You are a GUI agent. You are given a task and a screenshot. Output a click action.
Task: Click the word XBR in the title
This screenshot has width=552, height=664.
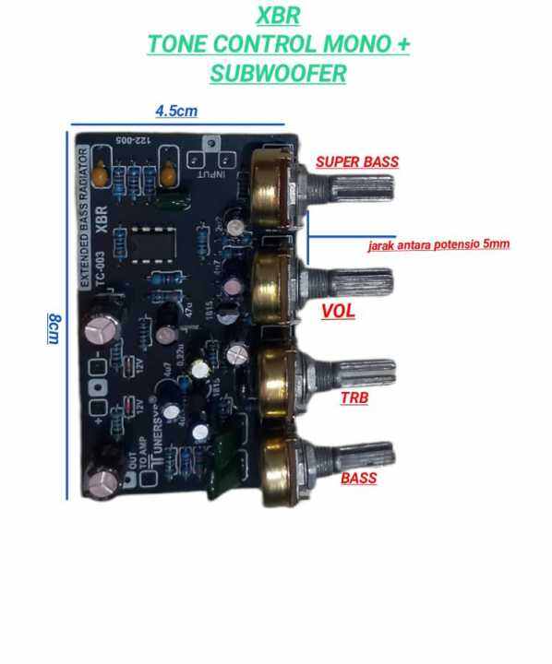(277, 17)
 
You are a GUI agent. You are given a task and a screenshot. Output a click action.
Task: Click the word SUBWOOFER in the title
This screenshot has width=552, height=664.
(277, 74)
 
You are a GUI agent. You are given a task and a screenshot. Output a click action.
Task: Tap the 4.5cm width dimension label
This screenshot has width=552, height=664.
(176, 111)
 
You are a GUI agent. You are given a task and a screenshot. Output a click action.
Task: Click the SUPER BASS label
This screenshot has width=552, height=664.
(357, 161)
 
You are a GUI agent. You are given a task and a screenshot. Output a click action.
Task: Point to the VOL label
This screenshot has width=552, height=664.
(338, 312)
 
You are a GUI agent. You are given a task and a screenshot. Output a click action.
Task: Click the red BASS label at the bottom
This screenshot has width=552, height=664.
(358, 479)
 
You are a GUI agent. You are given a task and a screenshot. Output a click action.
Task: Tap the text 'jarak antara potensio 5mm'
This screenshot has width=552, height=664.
(438, 245)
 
